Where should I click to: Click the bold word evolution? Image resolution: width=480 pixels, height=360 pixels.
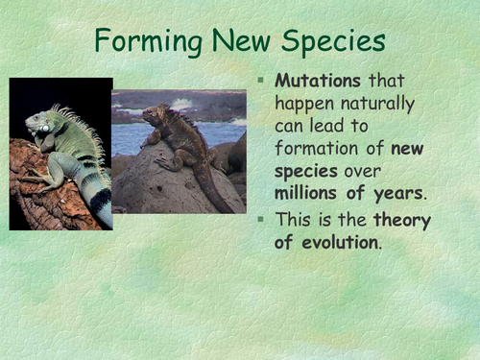pos(337,242)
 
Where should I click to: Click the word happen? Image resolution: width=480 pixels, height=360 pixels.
pos(306,104)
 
